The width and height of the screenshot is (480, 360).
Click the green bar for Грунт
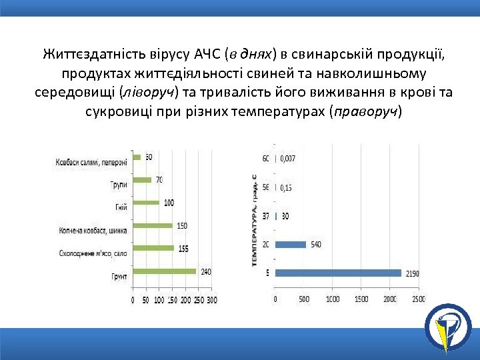point(164,271)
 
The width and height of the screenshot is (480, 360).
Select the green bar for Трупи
point(142,179)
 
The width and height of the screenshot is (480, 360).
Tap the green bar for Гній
point(146,203)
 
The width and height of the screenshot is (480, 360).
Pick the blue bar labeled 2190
point(338,273)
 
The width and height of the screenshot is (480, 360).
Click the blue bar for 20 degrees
point(291,245)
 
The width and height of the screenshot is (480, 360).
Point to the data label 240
point(206,271)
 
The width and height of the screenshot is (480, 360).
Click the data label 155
point(184,248)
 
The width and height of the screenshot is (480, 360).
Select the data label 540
point(316,245)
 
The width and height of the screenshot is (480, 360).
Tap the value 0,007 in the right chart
point(288,159)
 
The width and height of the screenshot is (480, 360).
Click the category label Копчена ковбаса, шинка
point(93,231)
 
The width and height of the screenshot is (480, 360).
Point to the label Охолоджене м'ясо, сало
point(93,253)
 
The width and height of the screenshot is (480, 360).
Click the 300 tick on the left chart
point(211,301)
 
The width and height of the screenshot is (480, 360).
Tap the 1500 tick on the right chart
point(361,299)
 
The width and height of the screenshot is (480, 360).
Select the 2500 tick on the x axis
point(418,299)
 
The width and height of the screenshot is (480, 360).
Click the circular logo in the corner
point(447,327)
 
